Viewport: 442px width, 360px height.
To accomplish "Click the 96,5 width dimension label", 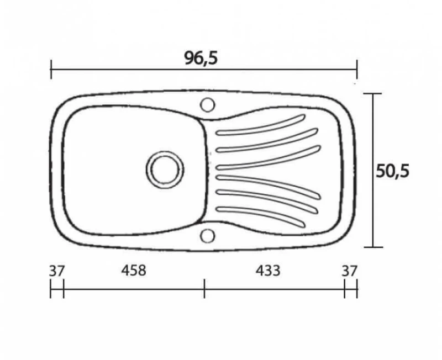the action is [201, 58].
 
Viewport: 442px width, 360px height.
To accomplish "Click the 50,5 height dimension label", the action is [392, 171].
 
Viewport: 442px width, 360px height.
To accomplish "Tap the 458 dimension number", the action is [134, 270].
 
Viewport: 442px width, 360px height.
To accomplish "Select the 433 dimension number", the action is [268, 271].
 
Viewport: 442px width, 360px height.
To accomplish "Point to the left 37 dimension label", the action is [57, 271].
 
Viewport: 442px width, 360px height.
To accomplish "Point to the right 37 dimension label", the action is [350, 271].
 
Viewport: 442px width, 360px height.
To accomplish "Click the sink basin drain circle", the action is [165, 170].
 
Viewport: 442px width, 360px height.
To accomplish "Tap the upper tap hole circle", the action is [208, 105].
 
